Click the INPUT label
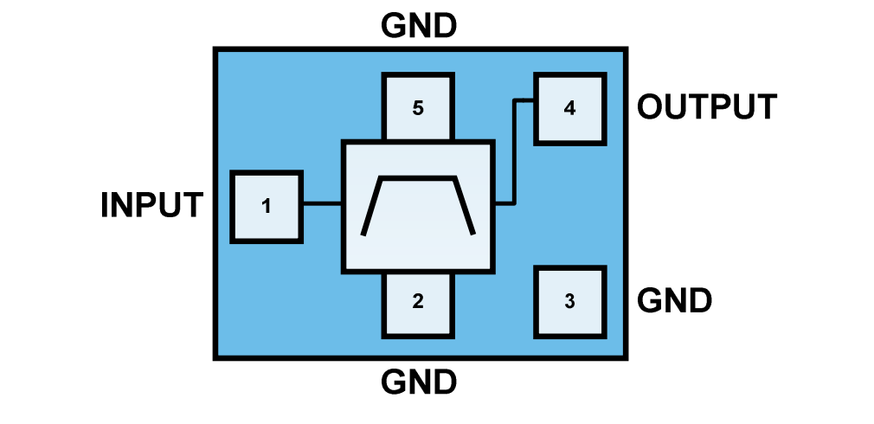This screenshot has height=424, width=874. (151, 206)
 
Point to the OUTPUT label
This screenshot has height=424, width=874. (707, 107)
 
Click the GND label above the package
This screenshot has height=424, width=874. (419, 27)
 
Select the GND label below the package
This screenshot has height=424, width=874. (419, 382)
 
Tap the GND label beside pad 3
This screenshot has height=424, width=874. (675, 301)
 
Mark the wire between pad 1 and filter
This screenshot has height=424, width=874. (322, 204)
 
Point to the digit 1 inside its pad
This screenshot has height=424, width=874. (266, 207)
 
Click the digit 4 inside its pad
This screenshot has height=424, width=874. (569, 108)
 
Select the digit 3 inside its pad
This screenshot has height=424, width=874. (569, 301)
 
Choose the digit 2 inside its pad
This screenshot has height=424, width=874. (418, 301)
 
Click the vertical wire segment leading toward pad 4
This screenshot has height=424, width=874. (514, 152)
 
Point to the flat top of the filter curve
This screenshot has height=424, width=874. (418, 177)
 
